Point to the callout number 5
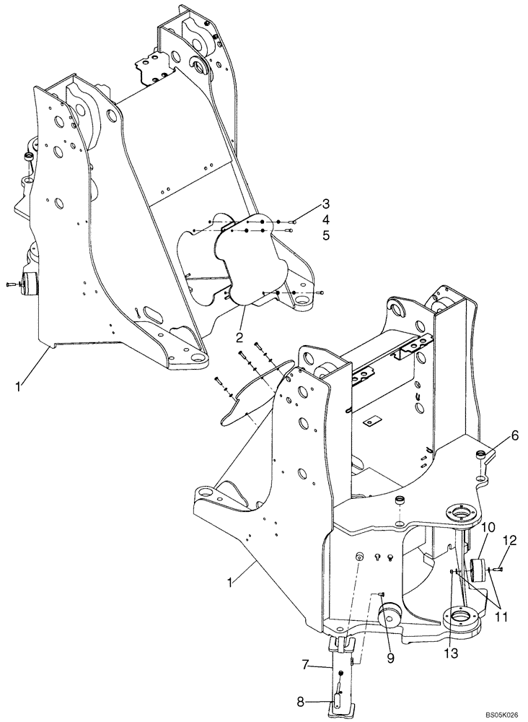[x=306, y=235]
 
